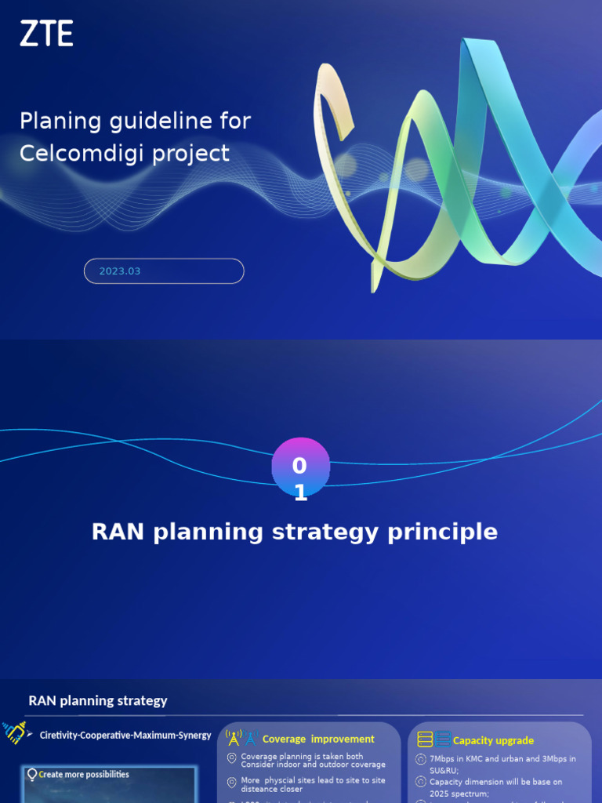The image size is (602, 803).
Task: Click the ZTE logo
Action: click(x=46, y=34)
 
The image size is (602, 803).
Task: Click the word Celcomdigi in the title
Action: click(x=75, y=153)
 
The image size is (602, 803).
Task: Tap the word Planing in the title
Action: click(x=60, y=121)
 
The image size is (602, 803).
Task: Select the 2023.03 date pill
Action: click(x=164, y=271)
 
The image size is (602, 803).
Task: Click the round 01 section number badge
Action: click(x=300, y=467)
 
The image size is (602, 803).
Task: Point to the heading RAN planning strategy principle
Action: click(x=295, y=532)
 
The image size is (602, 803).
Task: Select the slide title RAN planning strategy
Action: click(x=98, y=701)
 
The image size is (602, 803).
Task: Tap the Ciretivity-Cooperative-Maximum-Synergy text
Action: click(x=125, y=736)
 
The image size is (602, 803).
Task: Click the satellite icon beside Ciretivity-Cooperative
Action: click(x=16, y=732)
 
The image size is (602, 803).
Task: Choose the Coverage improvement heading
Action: click(x=318, y=739)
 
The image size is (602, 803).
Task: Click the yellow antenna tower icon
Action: click(x=233, y=738)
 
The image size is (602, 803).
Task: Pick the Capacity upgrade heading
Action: click(x=493, y=740)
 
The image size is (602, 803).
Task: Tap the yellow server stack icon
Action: click(x=425, y=739)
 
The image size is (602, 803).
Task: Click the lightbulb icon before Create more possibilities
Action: click(x=32, y=775)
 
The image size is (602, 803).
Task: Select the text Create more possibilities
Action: click(x=84, y=775)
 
